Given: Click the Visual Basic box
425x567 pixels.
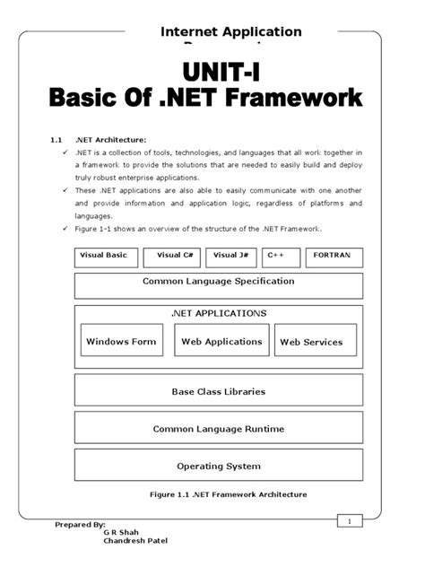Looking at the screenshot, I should [x=106, y=257].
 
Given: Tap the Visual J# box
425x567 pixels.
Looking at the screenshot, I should [x=231, y=257].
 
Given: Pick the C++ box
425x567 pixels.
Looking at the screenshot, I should [x=282, y=257].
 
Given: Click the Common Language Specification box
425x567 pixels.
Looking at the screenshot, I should [x=218, y=285].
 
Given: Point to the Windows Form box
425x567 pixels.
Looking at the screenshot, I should [x=120, y=341].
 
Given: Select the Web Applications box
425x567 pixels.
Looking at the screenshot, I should [x=221, y=341].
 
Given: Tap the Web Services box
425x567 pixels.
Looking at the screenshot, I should [x=311, y=341].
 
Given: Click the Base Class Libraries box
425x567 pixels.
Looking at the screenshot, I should [x=218, y=391].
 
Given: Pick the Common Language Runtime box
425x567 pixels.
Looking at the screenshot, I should [x=218, y=429].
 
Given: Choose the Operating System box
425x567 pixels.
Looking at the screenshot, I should [x=218, y=466].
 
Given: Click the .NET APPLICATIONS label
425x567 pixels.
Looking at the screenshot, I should [x=218, y=314].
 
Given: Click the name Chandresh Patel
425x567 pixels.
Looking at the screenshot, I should [x=134, y=541].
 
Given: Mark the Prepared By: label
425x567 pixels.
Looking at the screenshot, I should [x=80, y=524].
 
